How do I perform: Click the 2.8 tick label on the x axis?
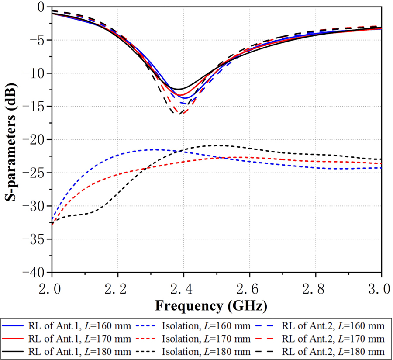click(316, 288)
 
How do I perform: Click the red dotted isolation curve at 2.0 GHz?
click(52, 224)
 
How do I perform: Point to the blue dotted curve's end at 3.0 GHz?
click(381, 168)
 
